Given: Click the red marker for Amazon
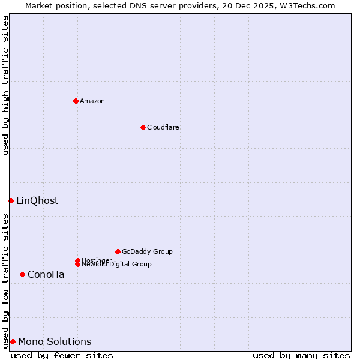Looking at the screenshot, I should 76,101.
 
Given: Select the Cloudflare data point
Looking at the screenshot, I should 143,127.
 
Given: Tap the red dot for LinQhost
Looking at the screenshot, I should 11,200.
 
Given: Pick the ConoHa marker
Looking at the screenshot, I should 22,274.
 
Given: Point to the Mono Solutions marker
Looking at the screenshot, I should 13,341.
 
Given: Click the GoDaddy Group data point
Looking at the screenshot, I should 118,251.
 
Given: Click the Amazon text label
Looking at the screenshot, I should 92,101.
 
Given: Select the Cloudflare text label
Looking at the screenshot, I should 163,127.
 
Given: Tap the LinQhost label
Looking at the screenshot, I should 37,201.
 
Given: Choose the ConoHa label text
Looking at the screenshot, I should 46,275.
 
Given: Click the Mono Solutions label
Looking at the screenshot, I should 55,342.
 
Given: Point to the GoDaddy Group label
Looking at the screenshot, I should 147,252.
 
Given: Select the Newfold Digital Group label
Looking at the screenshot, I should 117,265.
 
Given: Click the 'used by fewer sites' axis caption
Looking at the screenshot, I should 62,355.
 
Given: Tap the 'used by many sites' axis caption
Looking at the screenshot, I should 301,355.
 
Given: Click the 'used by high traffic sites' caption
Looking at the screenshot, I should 5,85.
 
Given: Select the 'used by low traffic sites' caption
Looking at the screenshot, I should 5,281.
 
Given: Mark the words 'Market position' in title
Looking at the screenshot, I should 54,5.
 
